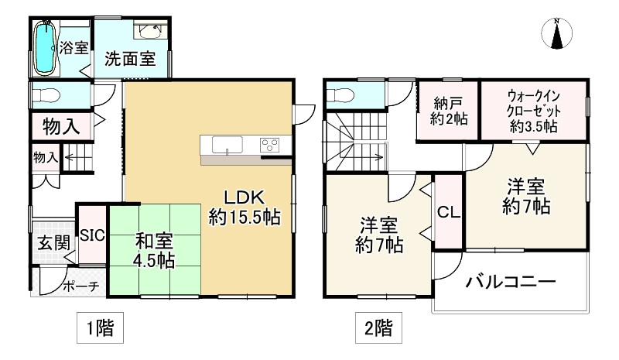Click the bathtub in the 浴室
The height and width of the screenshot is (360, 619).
45,48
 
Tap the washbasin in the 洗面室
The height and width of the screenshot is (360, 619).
149,30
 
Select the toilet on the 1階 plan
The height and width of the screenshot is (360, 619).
46,96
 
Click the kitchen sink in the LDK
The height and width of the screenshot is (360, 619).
227,145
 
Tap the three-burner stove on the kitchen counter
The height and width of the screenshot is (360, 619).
269,145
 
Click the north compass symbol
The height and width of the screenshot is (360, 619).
556,33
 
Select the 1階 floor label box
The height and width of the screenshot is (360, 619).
100,327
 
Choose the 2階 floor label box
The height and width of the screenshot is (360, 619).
378,327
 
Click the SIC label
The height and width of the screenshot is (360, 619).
92,235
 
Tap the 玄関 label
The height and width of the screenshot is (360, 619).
54,243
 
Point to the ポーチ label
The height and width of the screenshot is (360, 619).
81,286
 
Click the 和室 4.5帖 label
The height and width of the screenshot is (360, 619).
154,250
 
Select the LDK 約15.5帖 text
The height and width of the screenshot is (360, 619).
245,207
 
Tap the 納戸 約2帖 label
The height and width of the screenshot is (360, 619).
449,111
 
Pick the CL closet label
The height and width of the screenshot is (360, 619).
449,213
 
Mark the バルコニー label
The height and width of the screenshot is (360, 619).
511,282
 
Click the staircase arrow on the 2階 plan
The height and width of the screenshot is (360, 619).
361,157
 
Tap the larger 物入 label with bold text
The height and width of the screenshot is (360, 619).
61,127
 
